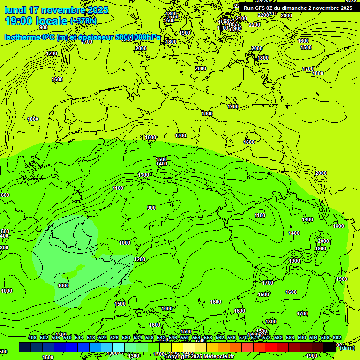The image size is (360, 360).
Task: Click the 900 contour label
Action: point(151,208)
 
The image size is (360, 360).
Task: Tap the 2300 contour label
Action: point(286,15)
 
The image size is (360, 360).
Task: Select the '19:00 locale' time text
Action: point(36,21)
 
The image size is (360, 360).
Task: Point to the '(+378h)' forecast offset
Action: point(83,21)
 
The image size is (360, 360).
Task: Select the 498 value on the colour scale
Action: point(32,338)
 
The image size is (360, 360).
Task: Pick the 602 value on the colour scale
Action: point(337,338)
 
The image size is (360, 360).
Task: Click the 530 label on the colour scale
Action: point(126,338)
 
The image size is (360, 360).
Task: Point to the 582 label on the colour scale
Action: point(278,338)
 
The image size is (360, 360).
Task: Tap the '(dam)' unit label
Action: point(347,348)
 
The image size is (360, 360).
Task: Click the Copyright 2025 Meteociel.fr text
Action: point(199,356)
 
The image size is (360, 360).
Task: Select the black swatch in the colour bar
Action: point(330,347)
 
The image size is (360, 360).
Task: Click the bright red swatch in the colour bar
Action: point(271,347)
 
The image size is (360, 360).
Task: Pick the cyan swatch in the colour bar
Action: point(119,347)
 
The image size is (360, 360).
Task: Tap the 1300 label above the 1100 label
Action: point(143,175)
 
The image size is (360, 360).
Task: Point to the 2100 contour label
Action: point(241,18)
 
